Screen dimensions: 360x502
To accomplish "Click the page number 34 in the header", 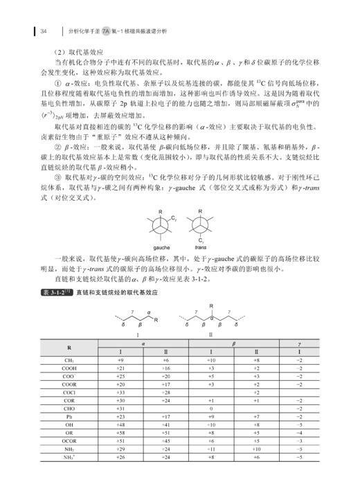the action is click(x=43, y=32).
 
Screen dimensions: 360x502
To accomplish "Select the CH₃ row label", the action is click(x=70, y=361).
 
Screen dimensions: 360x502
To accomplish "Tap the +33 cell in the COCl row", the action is click(x=120, y=393).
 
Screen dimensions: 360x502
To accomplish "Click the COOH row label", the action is click(x=70, y=369).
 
